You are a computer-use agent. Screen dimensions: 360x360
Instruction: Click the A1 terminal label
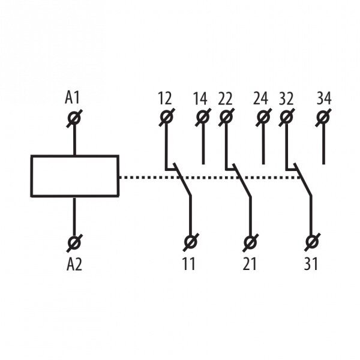pyautogui.click(x=72, y=97)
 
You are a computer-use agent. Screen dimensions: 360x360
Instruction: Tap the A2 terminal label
pyautogui.click(x=74, y=264)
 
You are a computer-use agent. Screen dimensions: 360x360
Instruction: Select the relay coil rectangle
pyautogui.click(x=75, y=176)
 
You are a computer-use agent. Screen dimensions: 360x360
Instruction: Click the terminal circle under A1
pyautogui.click(x=74, y=118)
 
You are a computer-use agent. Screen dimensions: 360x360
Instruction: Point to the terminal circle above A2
pyautogui.click(x=74, y=242)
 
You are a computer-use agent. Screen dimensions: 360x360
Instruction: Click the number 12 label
pyautogui.click(x=165, y=98)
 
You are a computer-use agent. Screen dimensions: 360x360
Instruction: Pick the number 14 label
pyautogui.click(x=200, y=99)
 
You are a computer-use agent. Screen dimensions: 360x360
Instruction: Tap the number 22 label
pyautogui.click(x=225, y=99)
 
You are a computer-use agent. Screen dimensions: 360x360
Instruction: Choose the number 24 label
pyautogui.click(x=260, y=99)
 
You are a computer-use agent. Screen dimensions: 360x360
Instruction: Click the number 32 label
pyautogui.click(x=286, y=99)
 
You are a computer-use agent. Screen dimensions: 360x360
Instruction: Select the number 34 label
pyautogui.click(x=324, y=98)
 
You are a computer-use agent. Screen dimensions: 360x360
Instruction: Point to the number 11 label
pyautogui.click(x=189, y=264)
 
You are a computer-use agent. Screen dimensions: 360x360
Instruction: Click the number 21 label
pyautogui.click(x=250, y=264)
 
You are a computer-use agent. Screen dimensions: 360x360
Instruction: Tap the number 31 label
pyautogui.click(x=311, y=264)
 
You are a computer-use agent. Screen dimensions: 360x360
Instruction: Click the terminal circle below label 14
pyautogui.click(x=203, y=117)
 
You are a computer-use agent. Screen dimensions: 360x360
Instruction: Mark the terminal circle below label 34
pyautogui.click(x=323, y=117)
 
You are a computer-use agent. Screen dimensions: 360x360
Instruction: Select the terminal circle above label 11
pyautogui.click(x=191, y=242)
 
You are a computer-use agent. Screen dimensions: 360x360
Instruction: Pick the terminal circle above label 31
pyautogui.click(x=312, y=242)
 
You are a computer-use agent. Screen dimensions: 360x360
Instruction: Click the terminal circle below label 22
pyautogui.click(x=226, y=117)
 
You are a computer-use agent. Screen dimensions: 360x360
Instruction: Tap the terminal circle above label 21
pyautogui.click(x=250, y=242)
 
